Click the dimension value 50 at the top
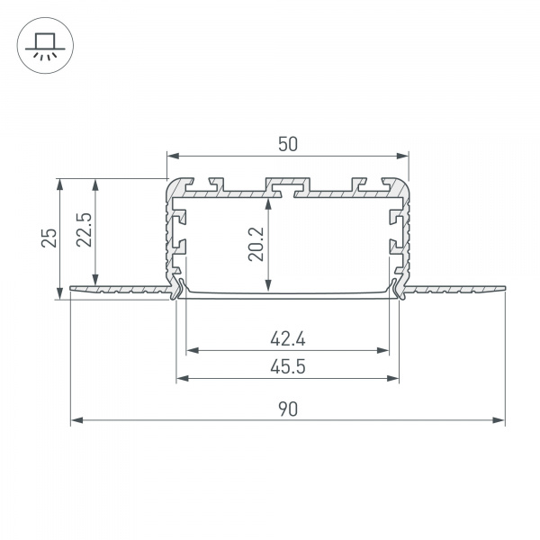tap(287, 143)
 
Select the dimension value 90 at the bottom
tap(287, 409)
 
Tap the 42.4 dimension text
tap(288, 339)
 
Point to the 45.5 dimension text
tap(288, 366)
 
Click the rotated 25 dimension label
tap(50, 238)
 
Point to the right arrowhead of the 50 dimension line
tap(403, 154)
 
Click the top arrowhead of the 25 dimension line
tap(60, 183)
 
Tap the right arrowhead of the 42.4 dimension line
tap(385, 350)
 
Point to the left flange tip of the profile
tap(72, 290)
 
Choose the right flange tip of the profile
tap(503, 290)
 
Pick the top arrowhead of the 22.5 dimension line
tap(94, 183)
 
